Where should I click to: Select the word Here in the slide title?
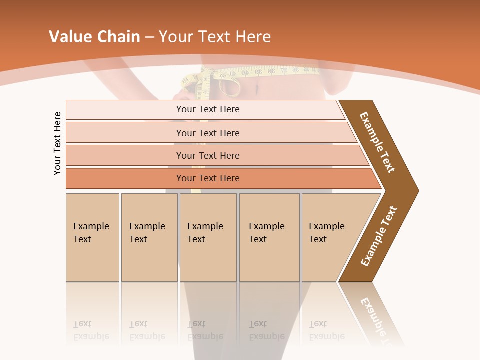(x=253, y=37)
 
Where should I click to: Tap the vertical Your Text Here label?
(x=57, y=143)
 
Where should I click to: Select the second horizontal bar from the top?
(x=208, y=133)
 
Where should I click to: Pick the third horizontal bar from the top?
(x=208, y=155)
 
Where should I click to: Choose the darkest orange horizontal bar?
(x=208, y=178)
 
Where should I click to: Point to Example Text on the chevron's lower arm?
(x=379, y=236)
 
